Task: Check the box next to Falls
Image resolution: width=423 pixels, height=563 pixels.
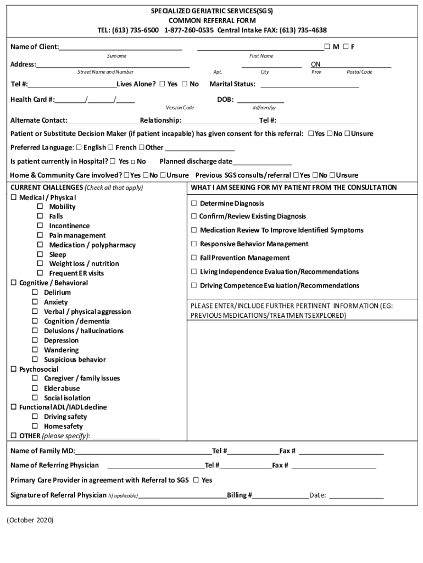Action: (40, 217)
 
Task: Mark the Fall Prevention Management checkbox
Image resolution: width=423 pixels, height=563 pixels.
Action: (194, 258)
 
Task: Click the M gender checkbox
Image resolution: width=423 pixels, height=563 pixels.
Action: (327, 47)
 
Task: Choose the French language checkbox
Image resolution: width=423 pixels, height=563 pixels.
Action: (110, 147)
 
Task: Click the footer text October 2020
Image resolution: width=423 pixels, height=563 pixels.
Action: (30, 520)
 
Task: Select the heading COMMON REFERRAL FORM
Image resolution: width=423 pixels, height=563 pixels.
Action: (211, 20)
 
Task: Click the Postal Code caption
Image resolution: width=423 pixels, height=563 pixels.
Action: (359, 72)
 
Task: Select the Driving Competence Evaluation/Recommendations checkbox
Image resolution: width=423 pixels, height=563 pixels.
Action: (194, 286)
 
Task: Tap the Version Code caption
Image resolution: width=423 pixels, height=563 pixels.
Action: (180, 108)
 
